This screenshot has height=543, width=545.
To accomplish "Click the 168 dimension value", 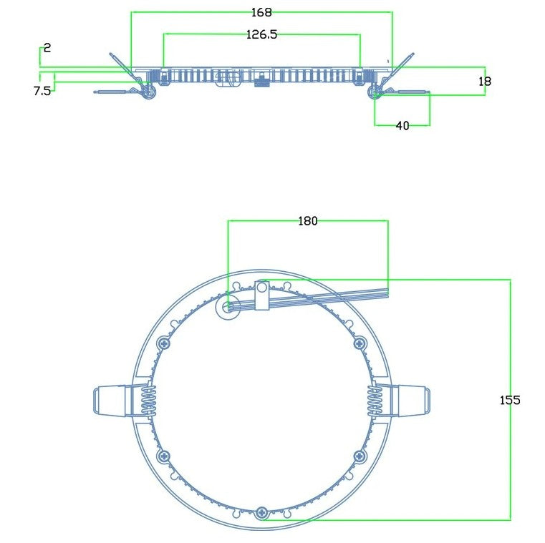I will [x=261, y=12].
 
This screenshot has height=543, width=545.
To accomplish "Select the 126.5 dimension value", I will [x=261, y=34].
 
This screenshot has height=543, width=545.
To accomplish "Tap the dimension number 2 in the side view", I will [x=47, y=48].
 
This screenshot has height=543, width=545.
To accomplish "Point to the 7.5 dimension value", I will [x=42, y=91].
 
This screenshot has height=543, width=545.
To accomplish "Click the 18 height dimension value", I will [x=485, y=82].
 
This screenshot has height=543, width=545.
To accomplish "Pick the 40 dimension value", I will [x=402, y=126].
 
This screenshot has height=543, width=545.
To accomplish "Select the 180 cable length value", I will [x=307, y=221].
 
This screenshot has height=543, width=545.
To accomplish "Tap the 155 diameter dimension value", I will [x=510, y=400].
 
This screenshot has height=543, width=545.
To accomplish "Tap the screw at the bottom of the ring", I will [x=263, y=512].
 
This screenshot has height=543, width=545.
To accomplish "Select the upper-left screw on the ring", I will [x=164, y=344].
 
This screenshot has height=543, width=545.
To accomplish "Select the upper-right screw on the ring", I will [x=360, y=344].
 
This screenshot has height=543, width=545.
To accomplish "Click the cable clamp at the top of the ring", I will [x=262, y=295].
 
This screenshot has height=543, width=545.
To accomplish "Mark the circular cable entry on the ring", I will [x=228, y=307].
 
